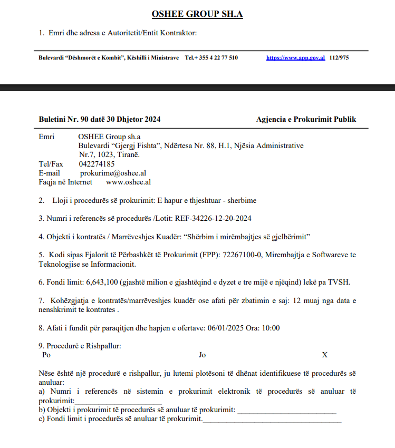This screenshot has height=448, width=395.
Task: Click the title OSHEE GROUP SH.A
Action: tap(197, 14)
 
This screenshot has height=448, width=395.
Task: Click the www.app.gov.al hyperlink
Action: tap(295, 58)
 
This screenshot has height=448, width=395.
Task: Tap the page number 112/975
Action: tap(339, 58)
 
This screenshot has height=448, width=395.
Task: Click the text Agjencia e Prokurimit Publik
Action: tap(306, 119)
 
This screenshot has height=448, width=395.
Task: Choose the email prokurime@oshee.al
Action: tap(113, 173)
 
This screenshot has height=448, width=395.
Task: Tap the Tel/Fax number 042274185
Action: tap(97, 164)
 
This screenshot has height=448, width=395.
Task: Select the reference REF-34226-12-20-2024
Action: tap(214, 218)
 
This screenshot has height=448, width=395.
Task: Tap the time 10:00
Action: tap(271, 328)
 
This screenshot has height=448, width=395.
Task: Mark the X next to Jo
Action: tap(325, 355)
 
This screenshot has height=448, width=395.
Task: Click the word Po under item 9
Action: tap(46, 355)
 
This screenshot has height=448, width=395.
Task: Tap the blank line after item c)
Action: tap(272, 420)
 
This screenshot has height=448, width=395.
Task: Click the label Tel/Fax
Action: tap(51, 164)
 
